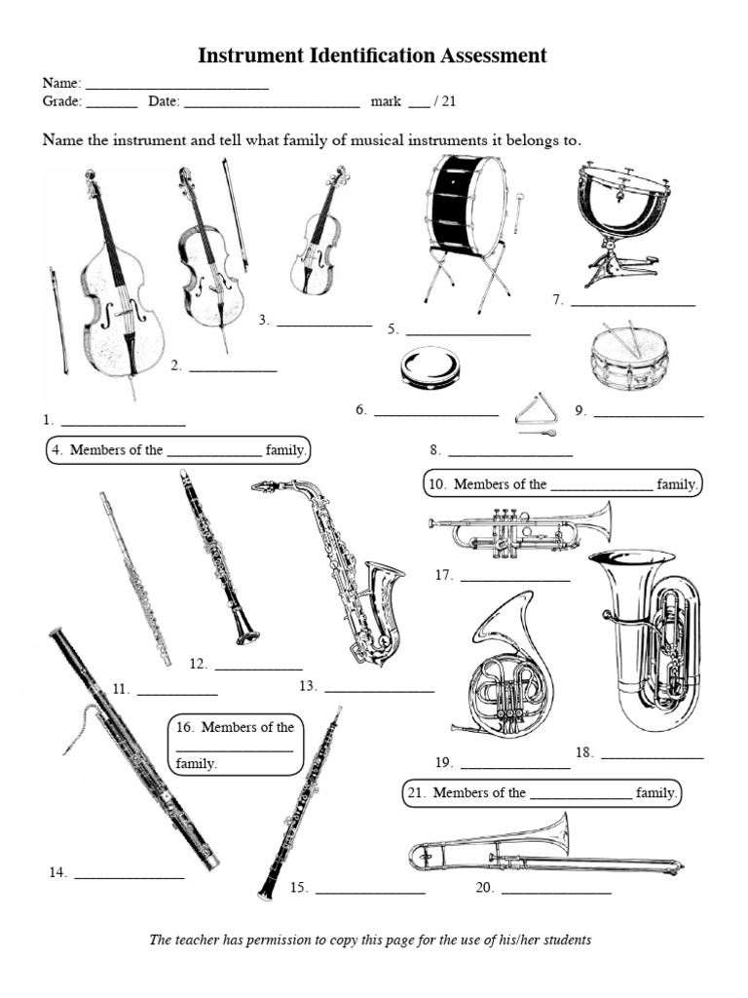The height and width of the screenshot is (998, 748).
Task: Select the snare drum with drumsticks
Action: pyautogui.click(x=628, y=357)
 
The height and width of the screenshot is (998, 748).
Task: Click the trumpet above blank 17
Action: pyautogui.click(x=520, y=529)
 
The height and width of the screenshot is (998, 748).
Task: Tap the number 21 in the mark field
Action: pyautogui.click(x=449, y=100)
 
